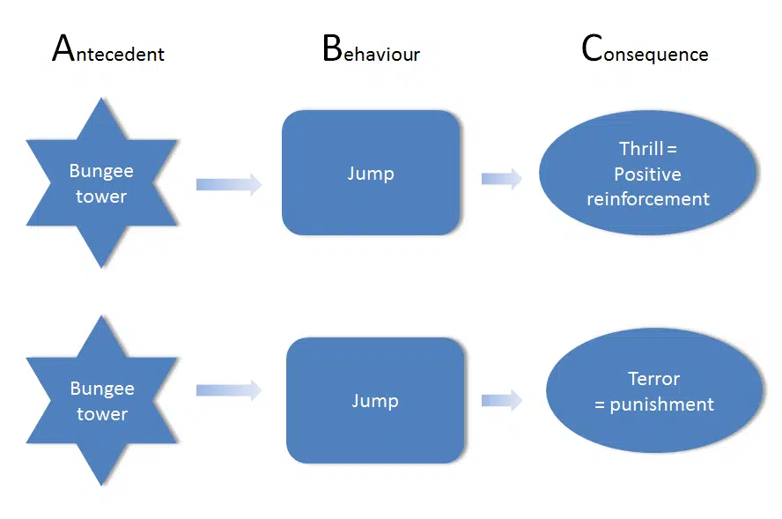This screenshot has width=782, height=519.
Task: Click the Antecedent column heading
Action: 108,51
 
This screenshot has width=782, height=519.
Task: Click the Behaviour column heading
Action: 371,51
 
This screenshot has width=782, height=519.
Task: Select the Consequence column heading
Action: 645,51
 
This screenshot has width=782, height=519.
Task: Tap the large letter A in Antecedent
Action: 62,48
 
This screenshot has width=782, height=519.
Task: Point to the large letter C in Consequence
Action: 591,48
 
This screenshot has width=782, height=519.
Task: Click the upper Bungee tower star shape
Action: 101,183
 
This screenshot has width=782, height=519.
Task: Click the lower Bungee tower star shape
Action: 101,401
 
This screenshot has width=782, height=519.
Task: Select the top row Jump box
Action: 371,173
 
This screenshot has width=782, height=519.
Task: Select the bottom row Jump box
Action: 375,401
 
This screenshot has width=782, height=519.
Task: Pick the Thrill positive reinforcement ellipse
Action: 648,174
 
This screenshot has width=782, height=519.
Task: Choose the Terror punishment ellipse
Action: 654,392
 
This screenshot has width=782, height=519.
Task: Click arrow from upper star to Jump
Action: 229,184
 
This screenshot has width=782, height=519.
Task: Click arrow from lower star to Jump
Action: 229,389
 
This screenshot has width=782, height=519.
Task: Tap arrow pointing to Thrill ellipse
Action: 501,179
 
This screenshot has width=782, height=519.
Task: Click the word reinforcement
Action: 648,199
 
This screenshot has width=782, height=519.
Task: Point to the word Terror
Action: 653,379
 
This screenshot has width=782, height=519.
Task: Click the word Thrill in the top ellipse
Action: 640,148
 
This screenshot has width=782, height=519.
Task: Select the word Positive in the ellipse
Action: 647,174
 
